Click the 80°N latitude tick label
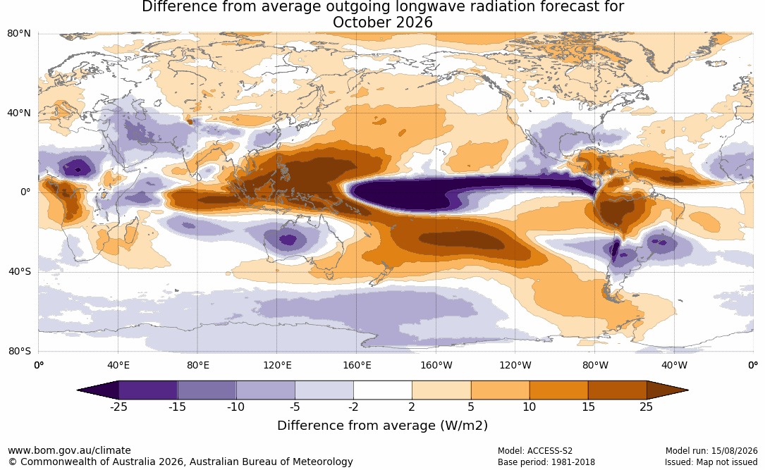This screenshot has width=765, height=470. [x=18, y=34]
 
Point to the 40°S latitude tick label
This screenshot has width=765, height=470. [x=19, y=271]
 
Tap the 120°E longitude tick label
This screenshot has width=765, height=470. [x=277, y=366]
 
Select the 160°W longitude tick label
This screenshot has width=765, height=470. [x=436, y=366]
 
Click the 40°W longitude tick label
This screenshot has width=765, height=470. [x=674, y=366]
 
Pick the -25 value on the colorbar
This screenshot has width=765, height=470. [x=118, y=407]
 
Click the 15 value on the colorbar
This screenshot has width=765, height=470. [x=588, y=407]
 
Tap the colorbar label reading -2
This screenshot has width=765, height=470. [x=353, y=407]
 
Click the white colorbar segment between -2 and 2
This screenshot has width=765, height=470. [x=383, y=390]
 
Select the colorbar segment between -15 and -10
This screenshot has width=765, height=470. [x=207, y=390]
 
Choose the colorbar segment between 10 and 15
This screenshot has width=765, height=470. [x=558, y=390]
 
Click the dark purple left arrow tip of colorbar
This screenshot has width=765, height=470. [x=78, y=390]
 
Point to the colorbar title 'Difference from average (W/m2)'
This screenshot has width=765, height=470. [x=382, y=426]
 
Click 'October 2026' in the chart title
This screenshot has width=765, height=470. [x=382, y=23]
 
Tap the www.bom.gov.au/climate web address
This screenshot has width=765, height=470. [x=69, y=450]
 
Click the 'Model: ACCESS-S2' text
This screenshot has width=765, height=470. [x=534, y=451]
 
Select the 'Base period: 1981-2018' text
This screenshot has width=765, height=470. [x=546, y=462]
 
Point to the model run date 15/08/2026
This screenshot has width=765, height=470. [x=734, y=451]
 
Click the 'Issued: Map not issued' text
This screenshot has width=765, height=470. [x=711, y=462]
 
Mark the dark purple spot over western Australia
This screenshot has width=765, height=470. [x=288, y=240]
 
